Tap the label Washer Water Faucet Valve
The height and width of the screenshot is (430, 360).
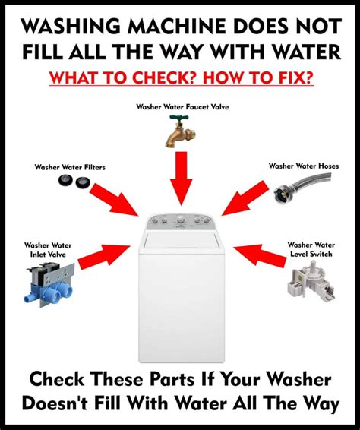point(182,107)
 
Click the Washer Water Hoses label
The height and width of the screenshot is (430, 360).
point(304,166)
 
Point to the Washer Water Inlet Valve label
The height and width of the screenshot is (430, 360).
point(49,250)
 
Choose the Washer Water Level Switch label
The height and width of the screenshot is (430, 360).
point(311,250)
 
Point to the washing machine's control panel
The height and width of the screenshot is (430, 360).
point(180,221)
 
